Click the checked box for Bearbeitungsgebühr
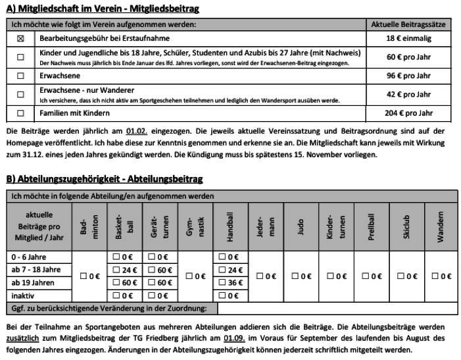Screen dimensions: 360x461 pyautogui.click(x=20, y=39)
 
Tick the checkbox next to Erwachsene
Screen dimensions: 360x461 pyautogui.click(x=20, y=76)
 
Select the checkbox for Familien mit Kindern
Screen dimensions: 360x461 pyautogui.click(x=20, y=113)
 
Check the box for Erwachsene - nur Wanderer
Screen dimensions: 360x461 pyautogui.click(x=20, y=94)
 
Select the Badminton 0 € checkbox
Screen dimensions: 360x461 pyautogui.click(x=84, y=276)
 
